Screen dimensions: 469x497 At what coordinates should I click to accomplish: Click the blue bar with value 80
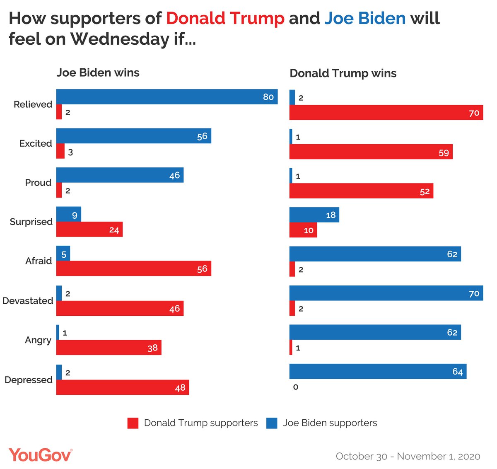click(x=167, y=97)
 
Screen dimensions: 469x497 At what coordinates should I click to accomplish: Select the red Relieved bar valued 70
click(x=386, y=113)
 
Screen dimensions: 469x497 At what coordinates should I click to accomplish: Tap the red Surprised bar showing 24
click(x=89, y=230)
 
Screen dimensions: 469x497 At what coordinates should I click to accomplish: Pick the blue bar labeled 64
click(x=378, y=371)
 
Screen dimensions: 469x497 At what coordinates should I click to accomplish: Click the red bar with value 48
click(x=123, y=387)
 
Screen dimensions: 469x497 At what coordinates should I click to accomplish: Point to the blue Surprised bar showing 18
click(x=314, y=215)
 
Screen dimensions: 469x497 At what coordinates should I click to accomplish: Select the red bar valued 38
click(x=109, y=348)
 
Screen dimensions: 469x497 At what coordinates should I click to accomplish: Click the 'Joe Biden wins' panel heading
click(x=98, y=73)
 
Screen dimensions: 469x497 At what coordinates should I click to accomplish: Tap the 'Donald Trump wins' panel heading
click(x=343, y=73)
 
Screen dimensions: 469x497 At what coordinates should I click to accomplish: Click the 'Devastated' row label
click(x=28, y=301)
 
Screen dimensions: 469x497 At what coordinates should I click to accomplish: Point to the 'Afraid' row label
click(x=39, y=261)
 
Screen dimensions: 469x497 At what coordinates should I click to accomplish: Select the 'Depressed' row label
click(x=28, y=380)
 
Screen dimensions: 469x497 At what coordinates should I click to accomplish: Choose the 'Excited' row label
click(x=36, y=143)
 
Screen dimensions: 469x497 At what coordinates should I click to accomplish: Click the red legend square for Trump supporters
click(x=133, y=423)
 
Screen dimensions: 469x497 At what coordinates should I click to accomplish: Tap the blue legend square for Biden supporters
click(x=272, y=423)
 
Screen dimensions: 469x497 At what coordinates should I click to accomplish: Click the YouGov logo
click(x=40, y=455)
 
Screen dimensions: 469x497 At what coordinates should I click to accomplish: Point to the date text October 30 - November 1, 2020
click(x=408, y=457)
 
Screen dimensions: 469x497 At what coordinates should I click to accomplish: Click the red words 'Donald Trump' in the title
click(x=225, y=19)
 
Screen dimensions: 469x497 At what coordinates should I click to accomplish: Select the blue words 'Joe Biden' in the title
click(x=365, y=19)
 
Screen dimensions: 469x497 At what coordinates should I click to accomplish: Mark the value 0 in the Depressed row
click(x=295, y=387)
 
